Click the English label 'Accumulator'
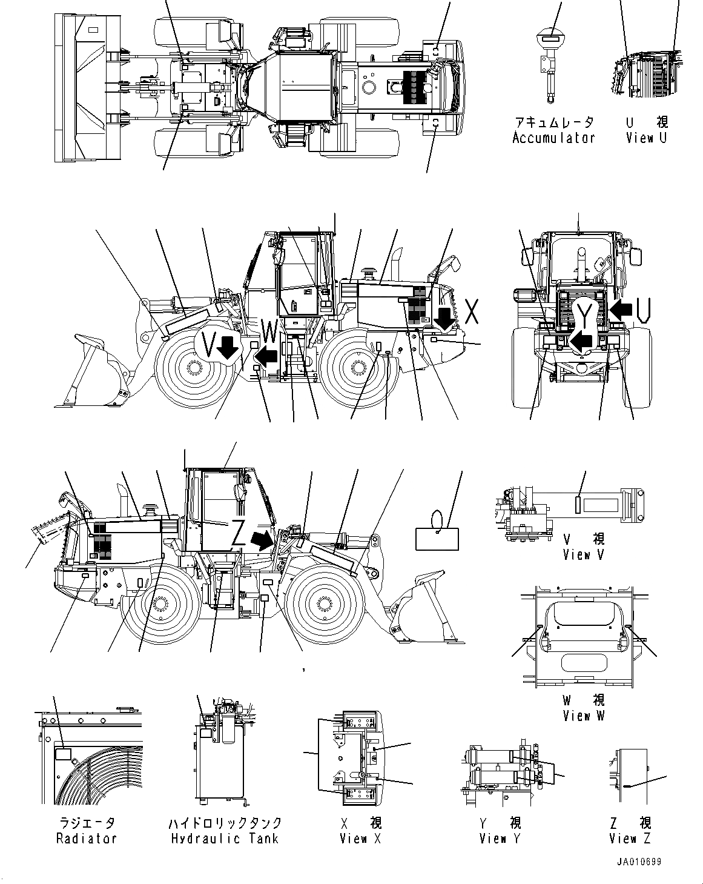click(x=553, y=138)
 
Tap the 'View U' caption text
click(x=646, y=138)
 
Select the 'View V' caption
click(x=583, y=554)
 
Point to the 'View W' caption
click(x=583, y=716)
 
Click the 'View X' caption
click(x=360, y=839)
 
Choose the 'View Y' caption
click(x=500, y=839)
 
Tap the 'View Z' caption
click(x=630, y=839)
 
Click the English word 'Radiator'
click(x=86, y=839)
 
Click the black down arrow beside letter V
click(x=228, y=348)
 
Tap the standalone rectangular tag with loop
click(x=437, y=538)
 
